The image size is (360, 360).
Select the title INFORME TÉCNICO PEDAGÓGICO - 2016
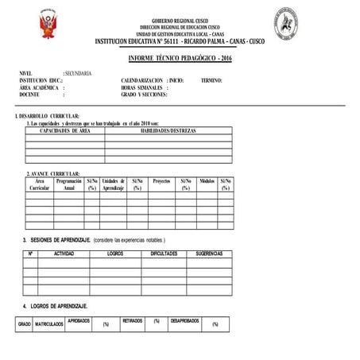point(180,60)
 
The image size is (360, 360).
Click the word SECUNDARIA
point(78,74)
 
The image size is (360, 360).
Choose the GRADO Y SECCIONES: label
point(145,95)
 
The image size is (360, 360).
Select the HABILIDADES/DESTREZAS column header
point(168,130)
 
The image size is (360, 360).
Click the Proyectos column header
point(161,181)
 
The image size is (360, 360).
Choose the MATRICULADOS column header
point(49,324)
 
